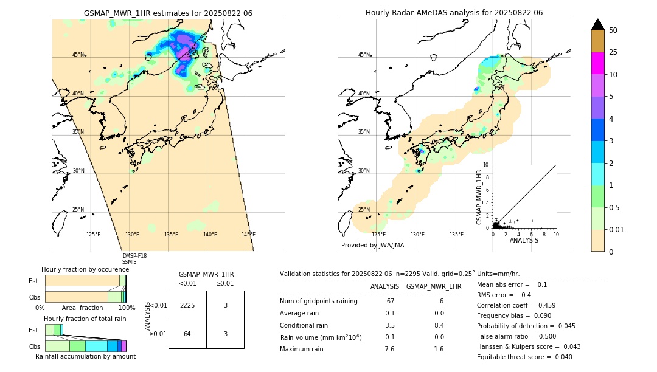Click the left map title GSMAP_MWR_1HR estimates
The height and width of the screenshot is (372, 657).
coord(168,13)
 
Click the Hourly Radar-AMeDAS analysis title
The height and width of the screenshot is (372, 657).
coord(454,13)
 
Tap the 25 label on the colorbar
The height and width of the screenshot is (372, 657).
coord(613,52)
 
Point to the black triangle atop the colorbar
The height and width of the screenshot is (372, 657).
coord(597,24)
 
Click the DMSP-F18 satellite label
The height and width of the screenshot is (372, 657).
coord(134,256)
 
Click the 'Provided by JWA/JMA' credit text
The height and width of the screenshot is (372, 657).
coord(372,245)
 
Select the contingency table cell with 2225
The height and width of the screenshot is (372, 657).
coord(187,305)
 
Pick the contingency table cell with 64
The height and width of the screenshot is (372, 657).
coord(187,334)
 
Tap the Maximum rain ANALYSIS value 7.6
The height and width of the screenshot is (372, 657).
coord(389,349)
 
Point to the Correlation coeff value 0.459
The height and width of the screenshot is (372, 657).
coord(543,305)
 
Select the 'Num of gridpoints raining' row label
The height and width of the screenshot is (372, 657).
coord(318,301)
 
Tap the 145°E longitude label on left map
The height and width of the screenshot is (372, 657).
coord(248,235)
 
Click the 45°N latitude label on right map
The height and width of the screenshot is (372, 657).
coord(364,55)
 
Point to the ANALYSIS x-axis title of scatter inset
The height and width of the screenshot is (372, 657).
coord(524,240)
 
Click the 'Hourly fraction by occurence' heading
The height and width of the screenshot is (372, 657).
coord(85,269)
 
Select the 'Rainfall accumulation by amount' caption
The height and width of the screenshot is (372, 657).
coord(85,356)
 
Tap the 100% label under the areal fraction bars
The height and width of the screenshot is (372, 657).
coord(127,308)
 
